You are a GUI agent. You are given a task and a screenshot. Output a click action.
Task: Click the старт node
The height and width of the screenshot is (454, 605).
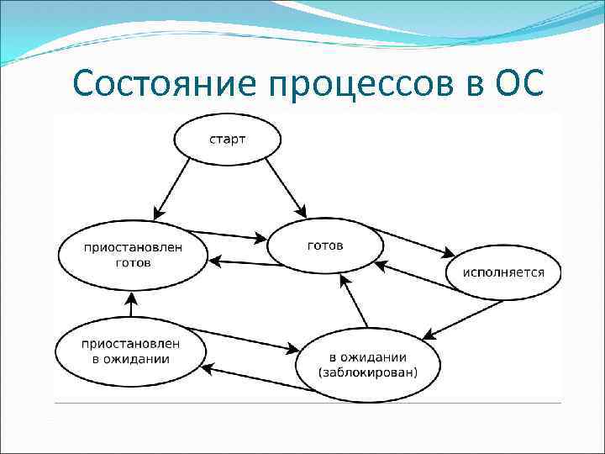pos(227,138)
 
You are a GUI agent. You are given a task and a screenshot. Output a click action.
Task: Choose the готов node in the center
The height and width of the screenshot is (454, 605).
pos(325,246)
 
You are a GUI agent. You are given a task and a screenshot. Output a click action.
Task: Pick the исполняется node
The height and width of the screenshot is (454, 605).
pos(506,272)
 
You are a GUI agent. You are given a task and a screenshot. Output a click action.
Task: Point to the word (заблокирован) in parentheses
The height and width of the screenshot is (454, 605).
pos(367,372)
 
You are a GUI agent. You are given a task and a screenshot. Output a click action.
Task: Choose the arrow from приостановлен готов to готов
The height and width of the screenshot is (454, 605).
pos(227,235)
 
